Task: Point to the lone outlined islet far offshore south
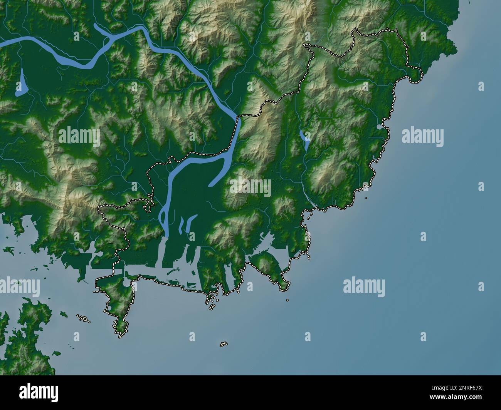pos(224,344)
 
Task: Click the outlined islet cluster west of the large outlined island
pos(82,319)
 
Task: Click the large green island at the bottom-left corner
pos(23,339)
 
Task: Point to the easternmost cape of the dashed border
pos(420,75)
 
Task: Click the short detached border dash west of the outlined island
pos(95,292)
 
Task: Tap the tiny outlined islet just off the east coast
pos(366,198)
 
